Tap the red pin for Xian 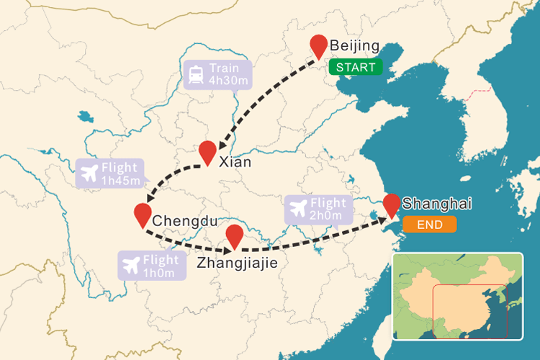(208, 151)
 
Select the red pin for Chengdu (143, 214)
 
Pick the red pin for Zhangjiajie (234, 235)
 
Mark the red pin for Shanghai (392, 204)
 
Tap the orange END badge (429, 225)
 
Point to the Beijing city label (354, 47)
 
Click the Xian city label (235, 162)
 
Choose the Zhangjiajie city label (237, 263)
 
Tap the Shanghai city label (437, 204)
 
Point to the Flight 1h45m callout (109, 174)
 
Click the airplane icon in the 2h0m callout (297, 210)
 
